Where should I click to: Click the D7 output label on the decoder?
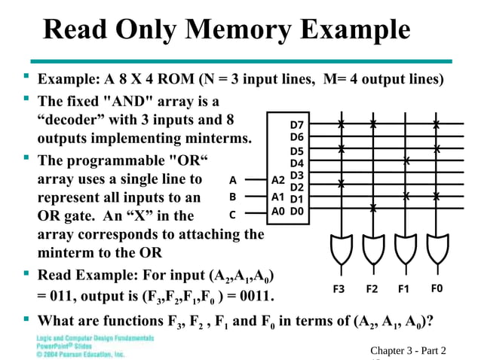296,124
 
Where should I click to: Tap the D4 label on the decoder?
296,163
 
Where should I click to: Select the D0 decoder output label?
296,212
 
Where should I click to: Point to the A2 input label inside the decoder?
278,181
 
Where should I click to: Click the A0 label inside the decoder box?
278,212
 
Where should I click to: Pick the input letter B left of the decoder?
233,197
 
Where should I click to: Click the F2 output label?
372,288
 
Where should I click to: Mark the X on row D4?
406,160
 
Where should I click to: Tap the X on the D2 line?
342,184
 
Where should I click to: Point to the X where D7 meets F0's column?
437,124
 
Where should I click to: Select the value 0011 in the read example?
256,293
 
